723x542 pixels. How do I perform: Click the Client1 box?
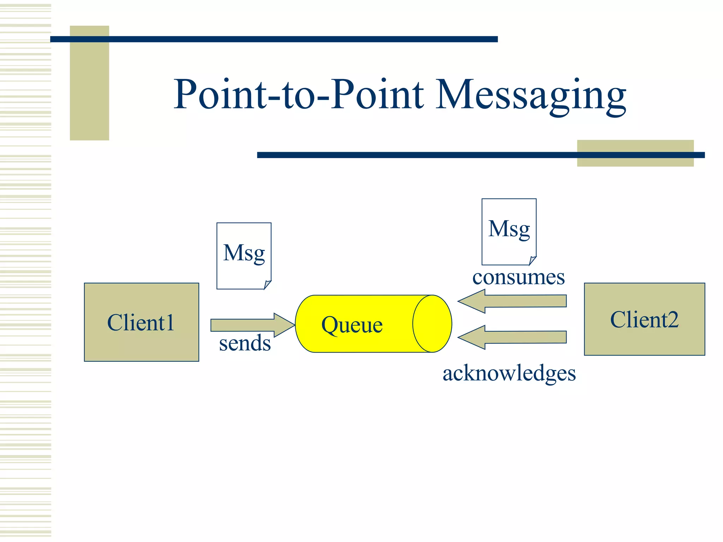tap(141, 322)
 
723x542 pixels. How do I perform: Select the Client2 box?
tap(644, 319)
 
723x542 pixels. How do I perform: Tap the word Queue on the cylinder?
tap(352, 325)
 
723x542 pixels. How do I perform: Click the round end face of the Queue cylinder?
tap(432, 324)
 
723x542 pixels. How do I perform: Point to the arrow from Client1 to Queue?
tap(247, 325)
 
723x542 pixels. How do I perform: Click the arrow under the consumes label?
tap(512, 301)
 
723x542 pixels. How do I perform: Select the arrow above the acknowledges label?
tap(512, 337)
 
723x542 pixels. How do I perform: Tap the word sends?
tap(245, 344)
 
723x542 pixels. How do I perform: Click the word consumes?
tap(518, 277)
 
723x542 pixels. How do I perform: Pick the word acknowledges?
tap(509, 373)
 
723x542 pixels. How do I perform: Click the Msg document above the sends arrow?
tap(244, 255)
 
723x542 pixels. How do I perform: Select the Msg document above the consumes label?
tap(509, 231)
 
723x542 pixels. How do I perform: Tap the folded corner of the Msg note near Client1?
tap(267, 285)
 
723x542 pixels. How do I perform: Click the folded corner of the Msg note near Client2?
tap(532, 261)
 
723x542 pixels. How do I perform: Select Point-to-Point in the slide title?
tap(298, 95)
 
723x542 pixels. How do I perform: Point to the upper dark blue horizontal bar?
tap(274, 39)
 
